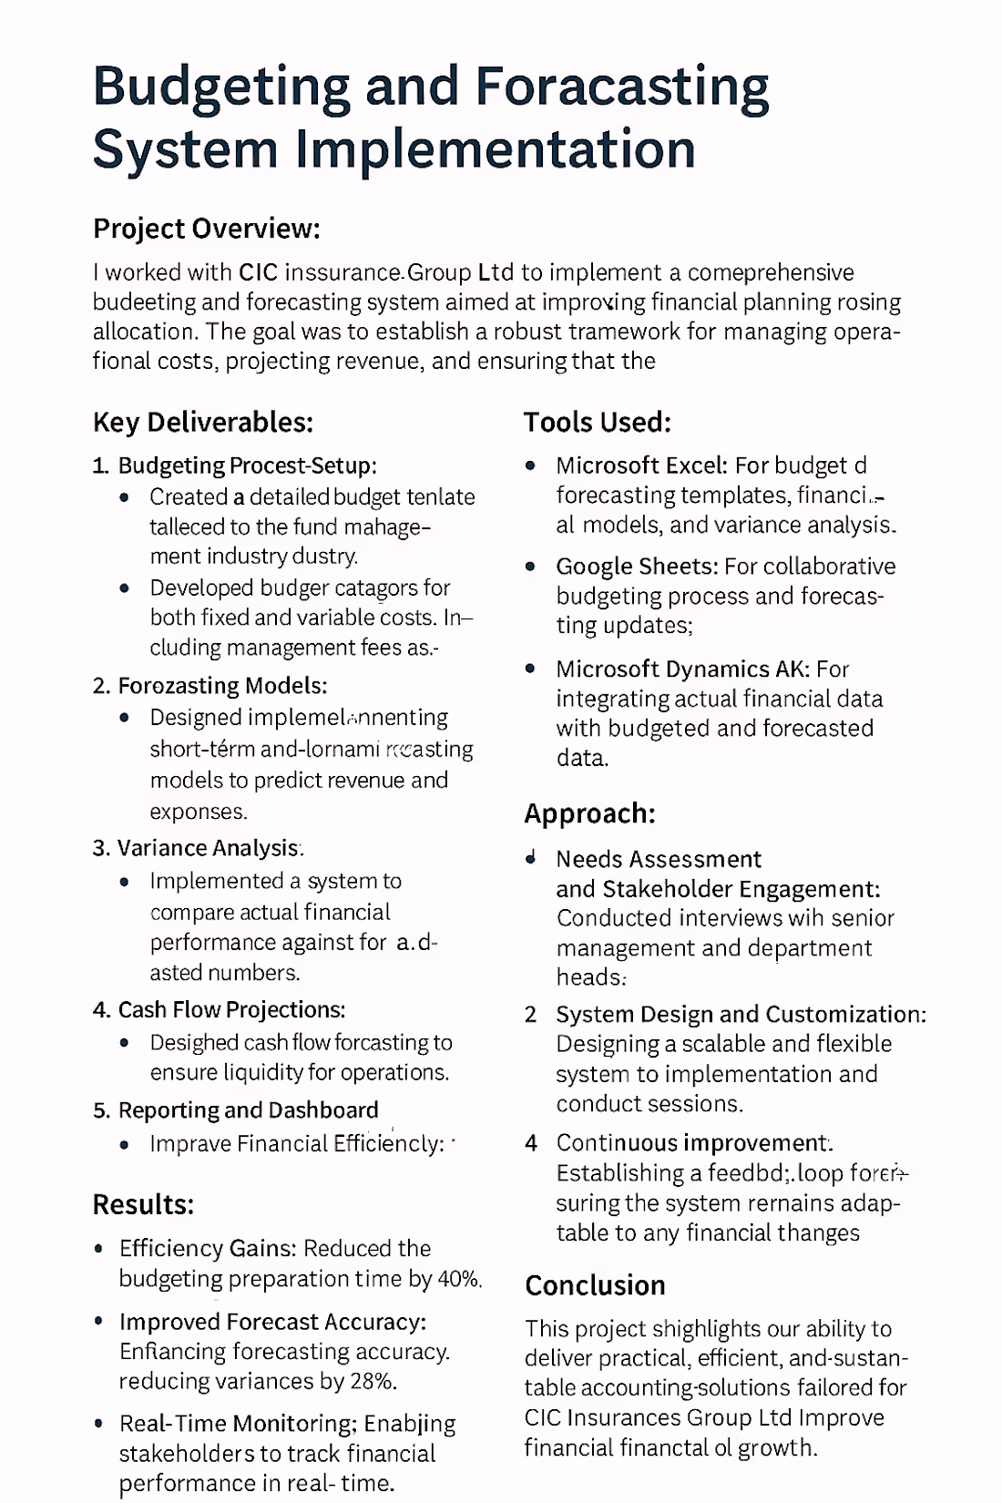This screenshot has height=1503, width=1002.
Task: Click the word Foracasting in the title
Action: click(x=622, y=88)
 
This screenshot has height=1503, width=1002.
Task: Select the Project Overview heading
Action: click(x=206, y=229)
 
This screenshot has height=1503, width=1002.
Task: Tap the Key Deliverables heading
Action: click(x=202, y=423)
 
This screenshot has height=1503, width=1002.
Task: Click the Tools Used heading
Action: click(x=597, y=423)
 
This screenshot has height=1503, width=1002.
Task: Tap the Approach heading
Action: click(x=589, y=813)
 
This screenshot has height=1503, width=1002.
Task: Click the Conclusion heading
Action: click(x=595, y=1285)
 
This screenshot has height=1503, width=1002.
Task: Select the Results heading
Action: click(x=143, y=1205)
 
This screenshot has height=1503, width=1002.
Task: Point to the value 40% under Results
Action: click(x=458, y=1279)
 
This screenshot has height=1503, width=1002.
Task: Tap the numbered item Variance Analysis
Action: click(x=209, y=848)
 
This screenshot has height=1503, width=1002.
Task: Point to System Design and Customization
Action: click(x=741, y=1015)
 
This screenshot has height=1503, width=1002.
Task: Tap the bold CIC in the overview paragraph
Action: click(x=258, y=272)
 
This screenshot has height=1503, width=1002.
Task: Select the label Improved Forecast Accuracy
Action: click(x=272, y=1322)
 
